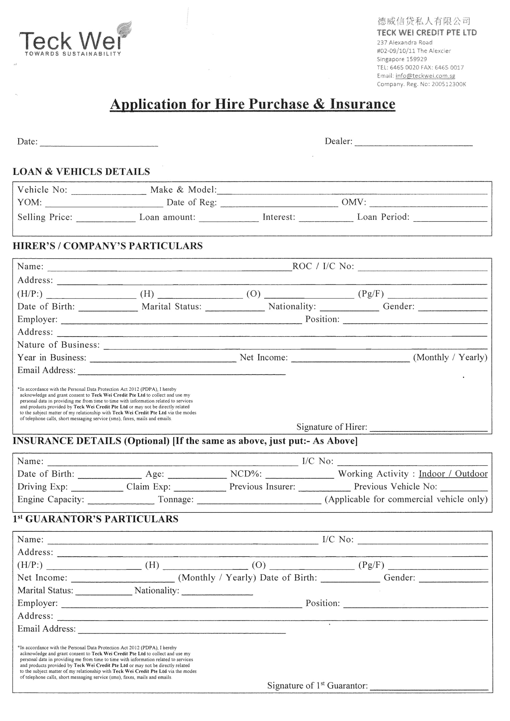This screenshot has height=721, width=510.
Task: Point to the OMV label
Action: (x=354, y=202)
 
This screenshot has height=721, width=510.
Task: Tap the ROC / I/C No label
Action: (x=323, y=266)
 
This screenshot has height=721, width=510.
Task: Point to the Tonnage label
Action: (x=176, y=499)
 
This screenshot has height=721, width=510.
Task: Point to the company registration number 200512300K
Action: (x=449, y=84)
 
